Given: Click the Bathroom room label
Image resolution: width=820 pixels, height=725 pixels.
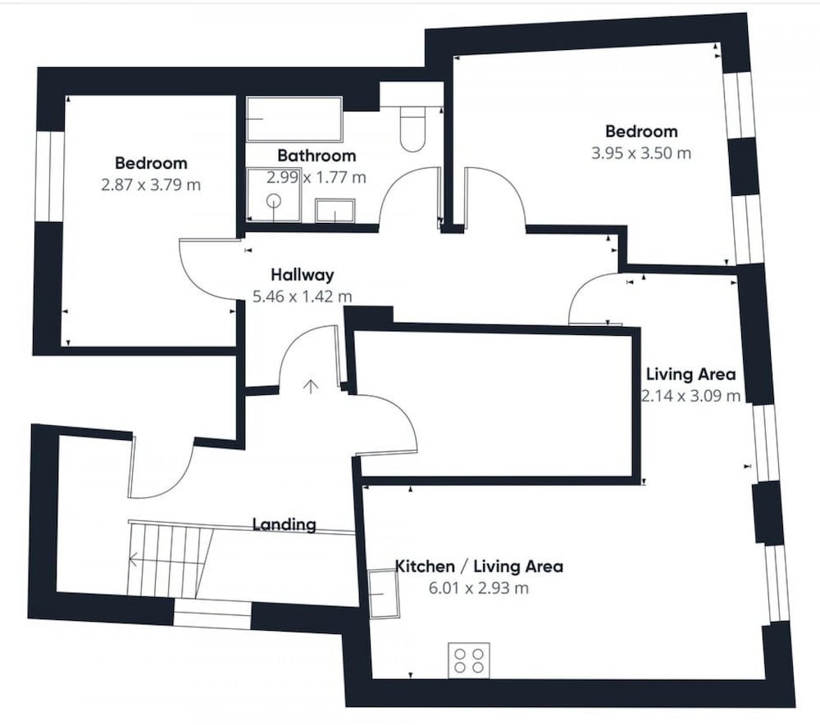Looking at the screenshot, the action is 317,156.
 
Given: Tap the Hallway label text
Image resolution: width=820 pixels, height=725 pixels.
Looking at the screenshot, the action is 303,274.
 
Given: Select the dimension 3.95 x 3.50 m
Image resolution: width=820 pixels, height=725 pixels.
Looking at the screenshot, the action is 641,153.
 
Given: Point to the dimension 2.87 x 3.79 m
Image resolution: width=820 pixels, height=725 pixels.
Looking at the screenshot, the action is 151,185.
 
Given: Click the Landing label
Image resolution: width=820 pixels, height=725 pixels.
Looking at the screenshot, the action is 285,524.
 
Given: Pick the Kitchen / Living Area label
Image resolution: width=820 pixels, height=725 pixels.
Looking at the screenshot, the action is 479,566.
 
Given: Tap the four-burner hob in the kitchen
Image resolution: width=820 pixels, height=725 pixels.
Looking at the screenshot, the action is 469,661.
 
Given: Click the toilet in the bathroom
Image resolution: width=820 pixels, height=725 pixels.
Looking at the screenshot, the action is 412,129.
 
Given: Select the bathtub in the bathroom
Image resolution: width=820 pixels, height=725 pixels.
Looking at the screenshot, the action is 294,119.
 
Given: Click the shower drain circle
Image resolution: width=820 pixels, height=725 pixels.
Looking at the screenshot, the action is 274,201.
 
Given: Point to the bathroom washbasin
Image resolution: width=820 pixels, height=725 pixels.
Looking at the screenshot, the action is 335,211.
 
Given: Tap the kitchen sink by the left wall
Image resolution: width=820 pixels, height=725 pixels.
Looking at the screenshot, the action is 384,595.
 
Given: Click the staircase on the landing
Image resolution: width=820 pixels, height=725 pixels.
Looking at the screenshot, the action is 170,560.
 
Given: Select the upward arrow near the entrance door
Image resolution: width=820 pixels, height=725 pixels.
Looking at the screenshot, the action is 311,386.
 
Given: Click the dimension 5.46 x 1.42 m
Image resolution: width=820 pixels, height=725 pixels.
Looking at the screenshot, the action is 303,297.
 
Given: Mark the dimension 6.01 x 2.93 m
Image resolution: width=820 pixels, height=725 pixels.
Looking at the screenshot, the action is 479,588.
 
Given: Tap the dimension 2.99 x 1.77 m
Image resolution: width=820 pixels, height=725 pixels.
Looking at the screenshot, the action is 317,178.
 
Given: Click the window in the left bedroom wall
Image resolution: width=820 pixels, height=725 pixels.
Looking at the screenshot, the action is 50,176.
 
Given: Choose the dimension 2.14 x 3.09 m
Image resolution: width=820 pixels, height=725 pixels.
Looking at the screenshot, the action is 690,396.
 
